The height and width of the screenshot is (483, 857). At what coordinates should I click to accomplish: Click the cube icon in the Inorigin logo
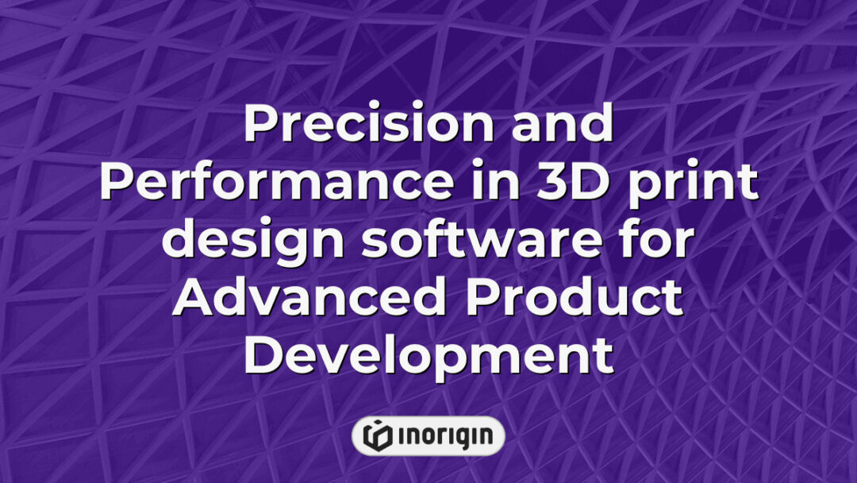point(378,435)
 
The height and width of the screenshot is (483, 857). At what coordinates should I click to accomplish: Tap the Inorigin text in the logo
point(444,435)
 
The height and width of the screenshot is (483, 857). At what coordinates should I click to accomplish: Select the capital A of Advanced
point(194,297)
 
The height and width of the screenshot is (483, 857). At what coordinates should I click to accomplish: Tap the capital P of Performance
point(117,183)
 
